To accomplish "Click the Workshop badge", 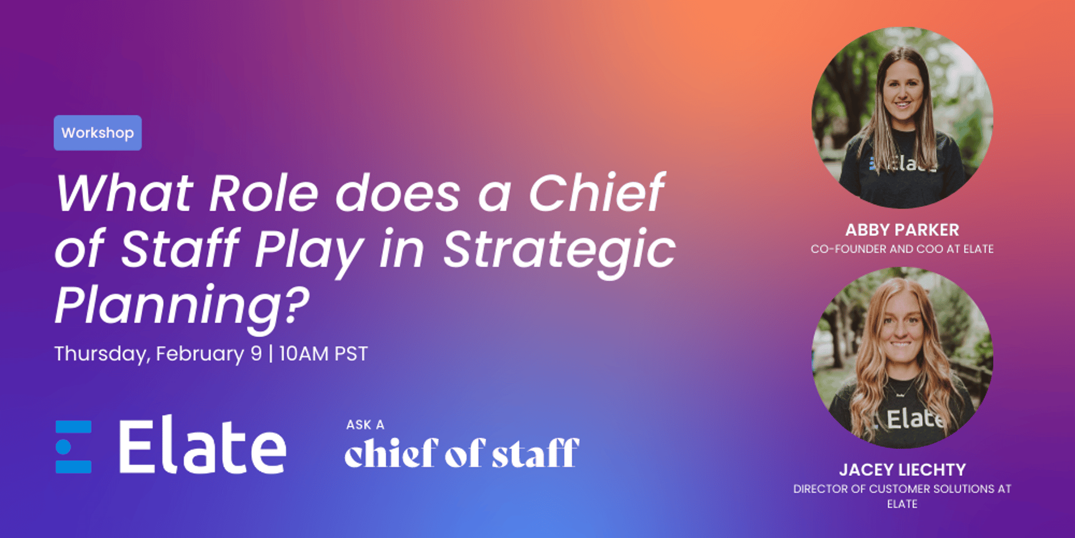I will coord(97,133).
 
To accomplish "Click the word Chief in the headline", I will coord(597,193).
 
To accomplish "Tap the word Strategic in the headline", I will coord(559,249).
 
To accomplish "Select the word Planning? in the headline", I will coord(182,305).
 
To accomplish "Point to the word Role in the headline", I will coord(264,193).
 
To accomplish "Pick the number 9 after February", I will coord(256,354).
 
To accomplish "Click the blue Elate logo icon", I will coord(73,447).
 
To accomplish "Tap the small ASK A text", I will coord(365,425).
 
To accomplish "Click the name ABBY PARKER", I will coord(902,230).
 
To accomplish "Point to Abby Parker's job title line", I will coord(902,249).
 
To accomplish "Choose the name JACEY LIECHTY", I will coord(902,470).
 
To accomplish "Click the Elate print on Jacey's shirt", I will coord(915,419).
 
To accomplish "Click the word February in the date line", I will coord(200,354).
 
